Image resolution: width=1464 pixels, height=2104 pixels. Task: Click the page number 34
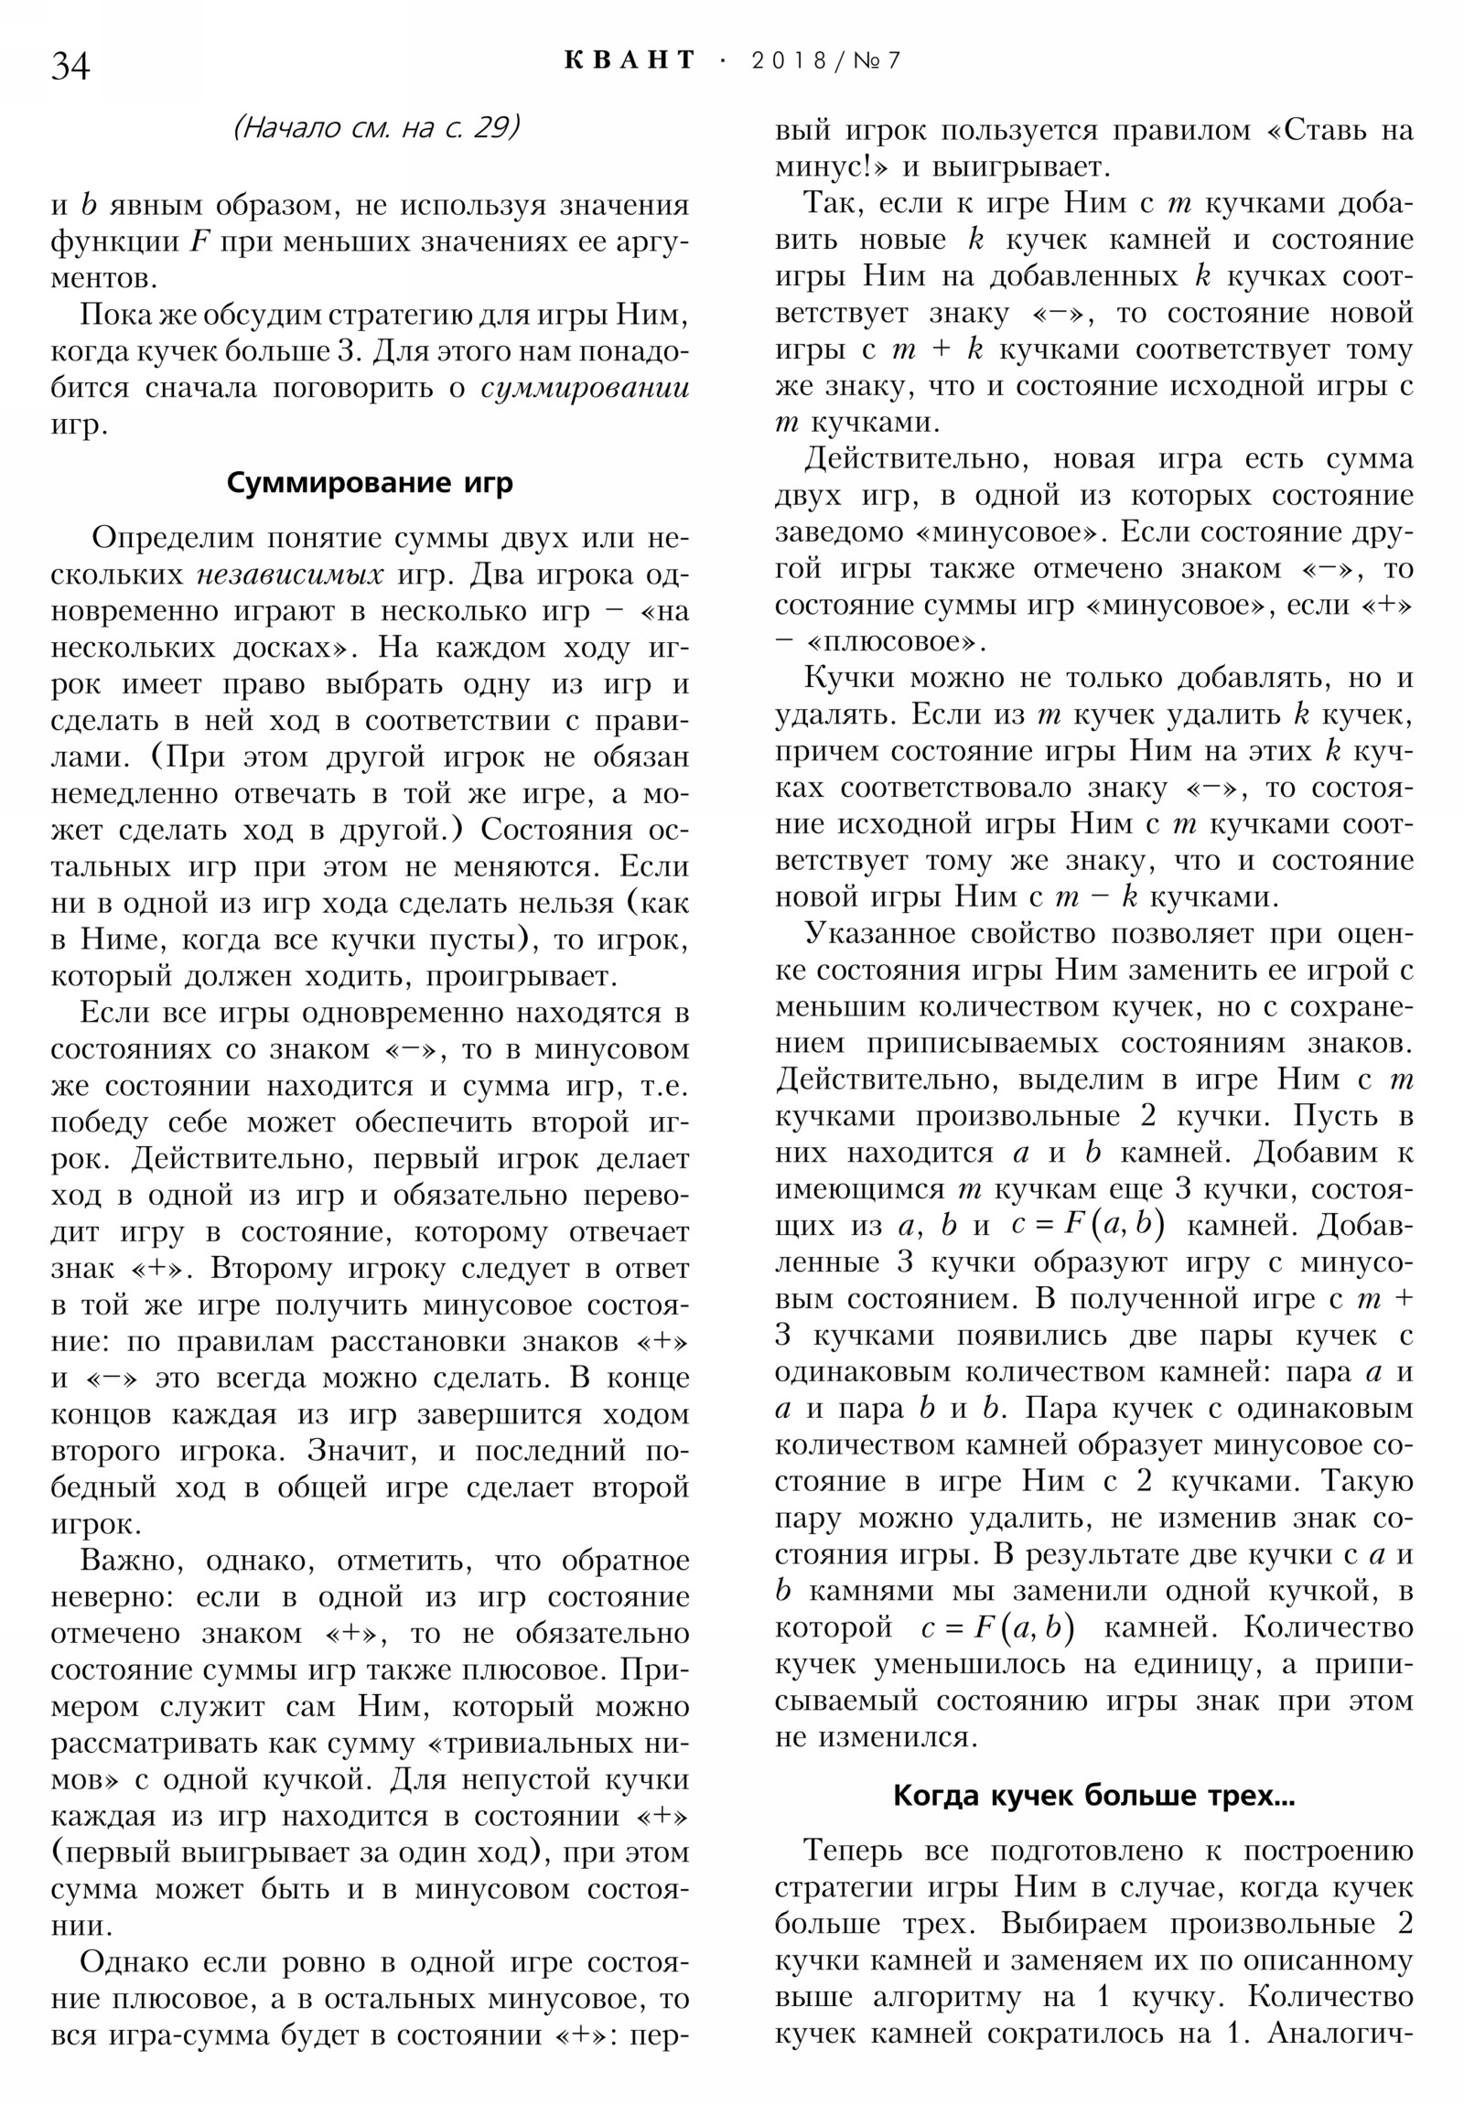pos(70,66)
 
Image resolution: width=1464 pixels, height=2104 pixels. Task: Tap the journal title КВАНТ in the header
pos(630,60)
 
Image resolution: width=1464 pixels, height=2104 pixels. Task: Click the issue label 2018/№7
pos(826,60)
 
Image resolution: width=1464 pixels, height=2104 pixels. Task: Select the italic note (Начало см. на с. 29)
pos(376,127)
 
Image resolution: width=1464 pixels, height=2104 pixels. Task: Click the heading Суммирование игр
pos(370,483)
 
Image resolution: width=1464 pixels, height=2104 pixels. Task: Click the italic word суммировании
pos(585,389)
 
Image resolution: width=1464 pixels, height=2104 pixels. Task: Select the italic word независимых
pos(290,574)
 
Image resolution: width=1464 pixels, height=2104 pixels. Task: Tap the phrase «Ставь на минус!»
pos(1339,131)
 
